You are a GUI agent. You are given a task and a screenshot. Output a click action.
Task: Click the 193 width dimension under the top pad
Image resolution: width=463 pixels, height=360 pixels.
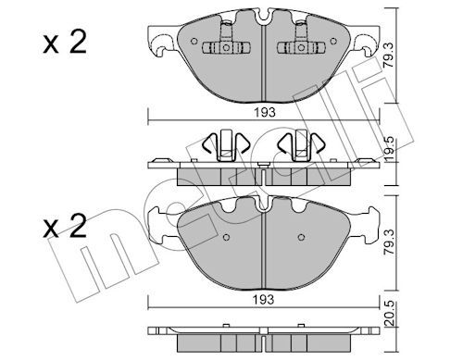point(265,112)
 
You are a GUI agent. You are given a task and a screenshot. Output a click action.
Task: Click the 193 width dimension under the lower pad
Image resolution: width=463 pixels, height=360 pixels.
point(264,299)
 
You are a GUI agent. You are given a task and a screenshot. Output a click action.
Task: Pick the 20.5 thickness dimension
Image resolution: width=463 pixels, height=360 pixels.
point(390,314)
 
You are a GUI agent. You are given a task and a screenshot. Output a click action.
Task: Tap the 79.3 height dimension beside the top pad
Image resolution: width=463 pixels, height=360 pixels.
point(390,56)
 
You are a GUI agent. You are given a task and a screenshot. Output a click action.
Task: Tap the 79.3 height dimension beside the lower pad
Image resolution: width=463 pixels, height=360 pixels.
point(390,242)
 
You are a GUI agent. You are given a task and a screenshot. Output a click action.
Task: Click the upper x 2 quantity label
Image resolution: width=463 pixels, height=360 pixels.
point(65,43)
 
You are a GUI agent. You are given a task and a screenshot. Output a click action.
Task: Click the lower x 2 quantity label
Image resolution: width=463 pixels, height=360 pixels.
point(65,227)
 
